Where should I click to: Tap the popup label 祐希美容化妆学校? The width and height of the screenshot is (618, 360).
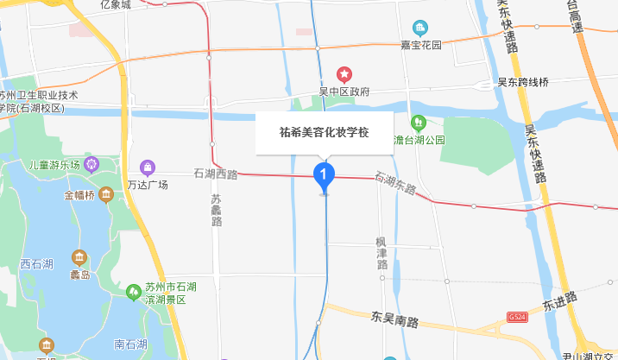coord(324,133)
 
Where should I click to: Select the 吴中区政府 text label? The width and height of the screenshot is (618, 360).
coord(344,92)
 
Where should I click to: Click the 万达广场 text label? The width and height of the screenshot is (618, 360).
coord(147,185)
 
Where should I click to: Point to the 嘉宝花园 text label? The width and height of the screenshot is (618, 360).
coord(420,45)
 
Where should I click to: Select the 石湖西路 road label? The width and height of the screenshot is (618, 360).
coord(216,174)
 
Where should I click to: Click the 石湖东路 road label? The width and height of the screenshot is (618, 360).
coord(395,183)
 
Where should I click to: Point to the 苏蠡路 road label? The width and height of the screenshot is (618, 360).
coord(216,210)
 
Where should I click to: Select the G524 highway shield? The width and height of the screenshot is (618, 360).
coord(517,317)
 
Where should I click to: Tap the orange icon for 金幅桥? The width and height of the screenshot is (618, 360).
coord(106,195)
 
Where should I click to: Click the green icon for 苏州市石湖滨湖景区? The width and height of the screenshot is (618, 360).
coord(134,291)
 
